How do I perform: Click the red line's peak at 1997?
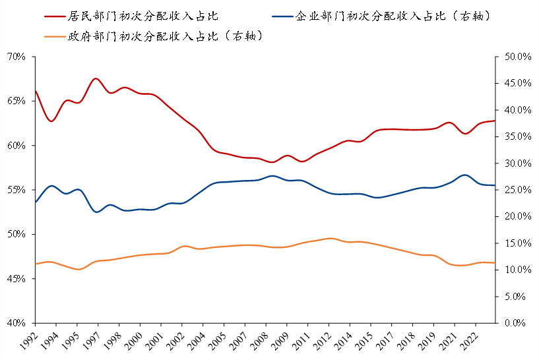96,78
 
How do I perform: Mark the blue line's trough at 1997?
97,212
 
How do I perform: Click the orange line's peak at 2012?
330,238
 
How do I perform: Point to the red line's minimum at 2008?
271,162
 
